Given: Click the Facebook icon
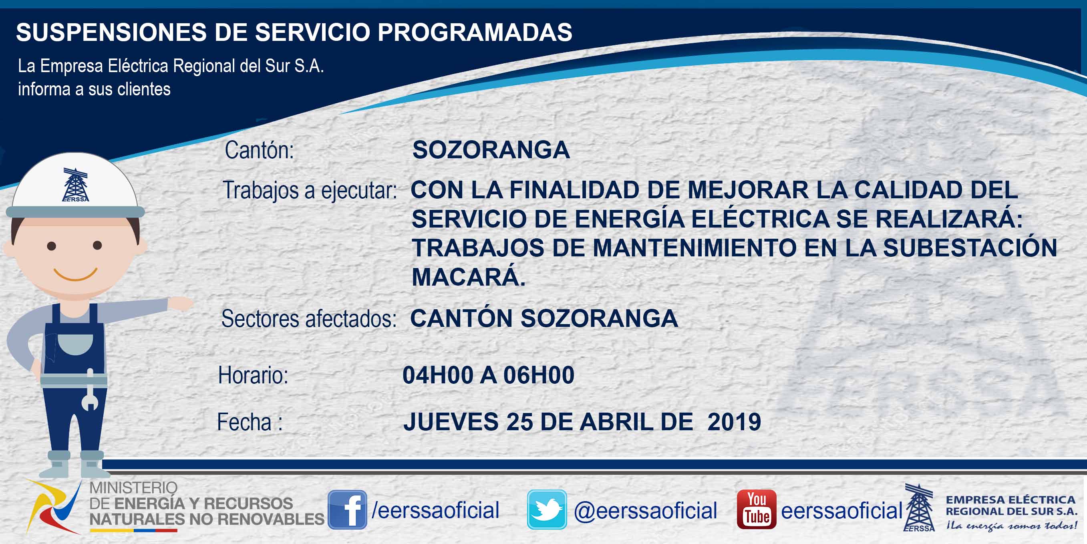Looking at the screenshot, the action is point(347,510).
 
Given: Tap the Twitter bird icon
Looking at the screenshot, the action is point(547,510).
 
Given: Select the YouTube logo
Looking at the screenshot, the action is point(757,510).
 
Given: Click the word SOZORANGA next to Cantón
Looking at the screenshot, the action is point(491,150).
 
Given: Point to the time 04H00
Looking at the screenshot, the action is point(438,375).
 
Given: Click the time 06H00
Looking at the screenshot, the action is point(539,375).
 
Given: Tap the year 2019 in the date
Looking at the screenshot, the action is point(734,421).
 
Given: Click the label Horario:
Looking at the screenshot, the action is point(253,375).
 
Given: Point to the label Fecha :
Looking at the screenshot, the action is point(250,421).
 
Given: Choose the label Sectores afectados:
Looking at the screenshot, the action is point(309,318).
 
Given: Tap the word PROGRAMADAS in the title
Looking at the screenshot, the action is point(475,32).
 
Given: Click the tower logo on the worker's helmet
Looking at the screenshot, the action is point(76,185).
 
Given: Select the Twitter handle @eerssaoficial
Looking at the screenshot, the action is point(646,511).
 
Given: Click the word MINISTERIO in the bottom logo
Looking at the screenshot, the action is point(133,488).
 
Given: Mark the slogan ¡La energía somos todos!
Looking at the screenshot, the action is point(1011,526).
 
